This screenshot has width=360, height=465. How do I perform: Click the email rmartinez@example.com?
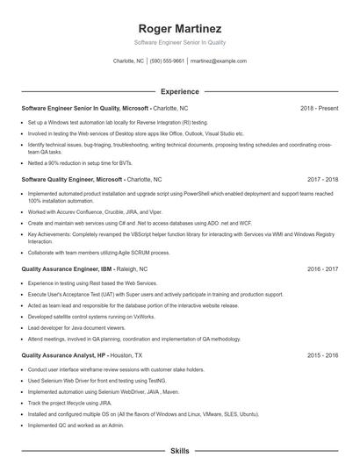click(218, 61)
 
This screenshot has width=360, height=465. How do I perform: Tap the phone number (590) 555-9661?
click(167, 61)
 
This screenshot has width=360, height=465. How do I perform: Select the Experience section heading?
click(179, 91)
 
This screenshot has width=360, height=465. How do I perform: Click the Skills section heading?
click(179, 450)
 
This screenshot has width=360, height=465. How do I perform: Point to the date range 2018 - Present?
click(319, 108)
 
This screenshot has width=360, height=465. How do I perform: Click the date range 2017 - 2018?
click(321, 178)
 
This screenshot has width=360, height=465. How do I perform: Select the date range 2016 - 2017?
click(321, 270)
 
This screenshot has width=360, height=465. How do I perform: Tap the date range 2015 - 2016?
click(321, 355)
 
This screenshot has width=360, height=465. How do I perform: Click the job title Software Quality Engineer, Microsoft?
click(72, 178)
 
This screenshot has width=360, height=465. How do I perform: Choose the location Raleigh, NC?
click(126, 270)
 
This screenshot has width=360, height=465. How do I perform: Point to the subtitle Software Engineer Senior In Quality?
click(179, 42)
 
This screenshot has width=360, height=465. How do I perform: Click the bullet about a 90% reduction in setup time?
click(82, 162)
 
